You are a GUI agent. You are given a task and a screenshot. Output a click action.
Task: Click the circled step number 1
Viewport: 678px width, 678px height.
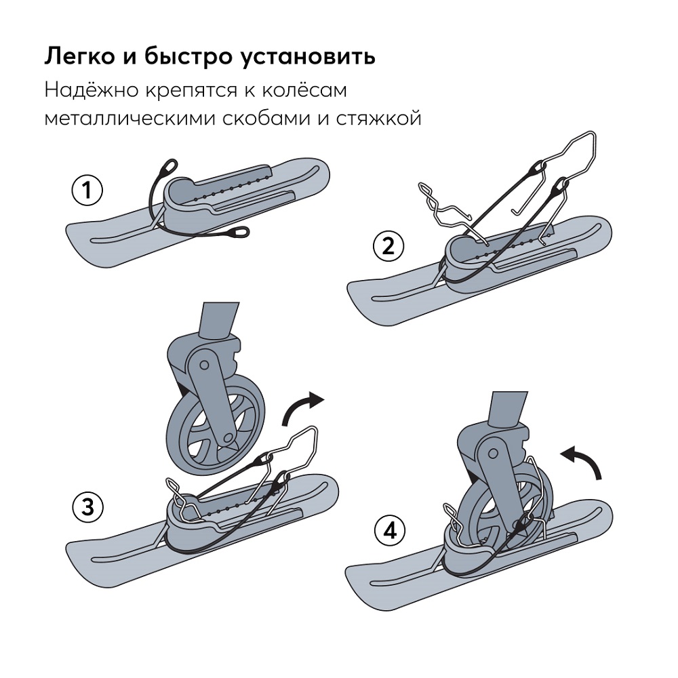tap(87, 192)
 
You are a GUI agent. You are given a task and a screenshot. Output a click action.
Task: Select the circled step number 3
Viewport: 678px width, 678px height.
tap(87, 506)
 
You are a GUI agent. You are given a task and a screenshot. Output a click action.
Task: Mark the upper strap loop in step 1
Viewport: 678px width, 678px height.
tap(167, 167)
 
